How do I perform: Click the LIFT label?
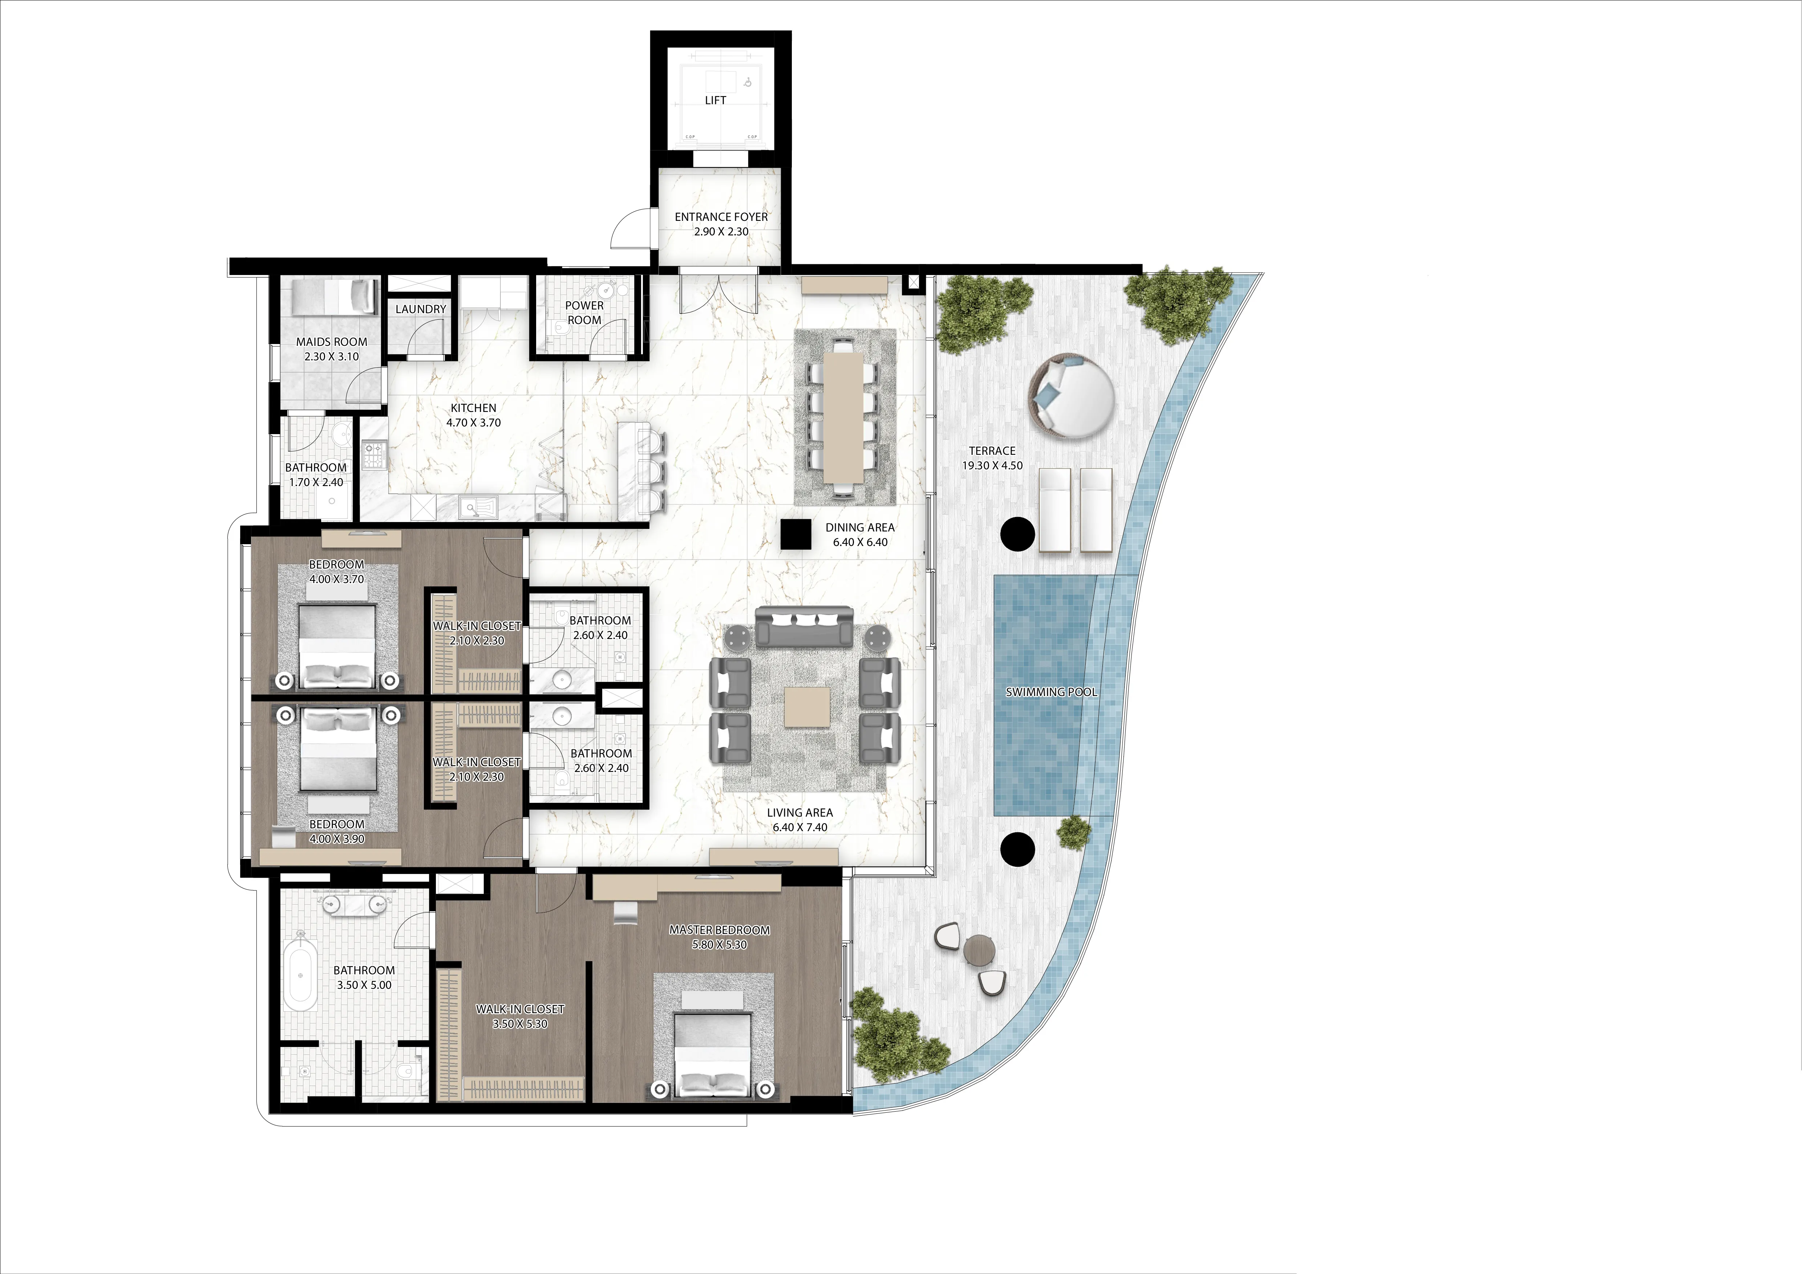coord(715,101)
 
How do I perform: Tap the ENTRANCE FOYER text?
coord(721,217)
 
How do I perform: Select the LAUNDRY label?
coord(421,309)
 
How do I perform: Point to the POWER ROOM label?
coord(585,312)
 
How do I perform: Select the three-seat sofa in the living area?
coord(805,627)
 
